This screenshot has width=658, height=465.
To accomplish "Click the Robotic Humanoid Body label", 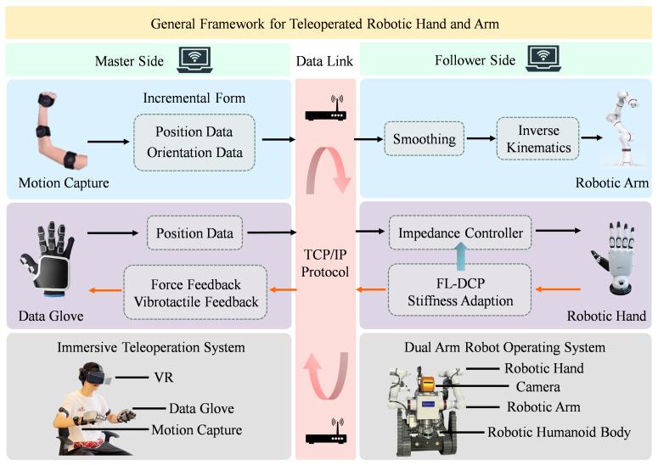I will click(x=558, y=432).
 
